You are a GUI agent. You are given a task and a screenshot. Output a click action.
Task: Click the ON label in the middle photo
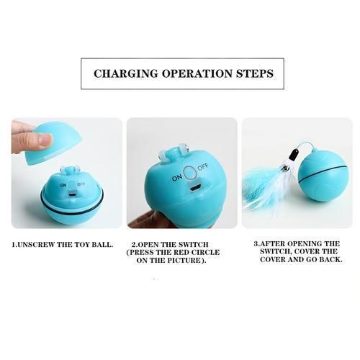(177, 178)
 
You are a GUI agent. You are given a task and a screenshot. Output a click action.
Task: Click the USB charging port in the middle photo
(195, 188)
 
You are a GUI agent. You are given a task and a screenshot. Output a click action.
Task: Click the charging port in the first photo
(72, 193)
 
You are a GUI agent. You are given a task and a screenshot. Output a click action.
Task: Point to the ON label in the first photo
(63, 185)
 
